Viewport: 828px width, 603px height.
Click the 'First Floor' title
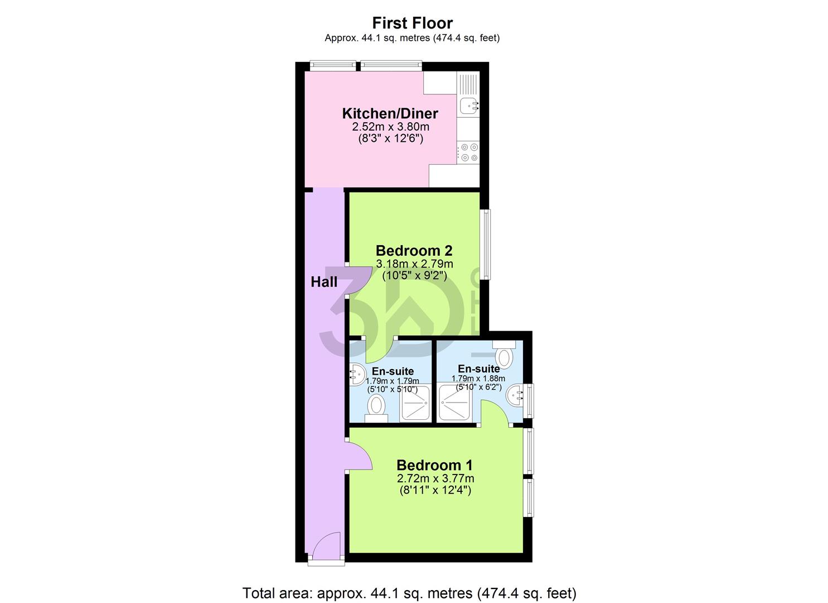tap(412, 23)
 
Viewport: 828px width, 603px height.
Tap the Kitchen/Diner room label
tap(390, 113)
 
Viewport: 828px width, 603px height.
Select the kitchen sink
tap(467, 104)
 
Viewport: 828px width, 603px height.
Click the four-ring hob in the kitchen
tap(468, 152)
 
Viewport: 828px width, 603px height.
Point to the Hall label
tap(324, 282)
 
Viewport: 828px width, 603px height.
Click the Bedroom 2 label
tap(414, 250)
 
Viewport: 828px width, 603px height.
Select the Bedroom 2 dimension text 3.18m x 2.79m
tap(414, 264)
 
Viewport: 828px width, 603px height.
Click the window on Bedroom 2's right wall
tap(486, 243)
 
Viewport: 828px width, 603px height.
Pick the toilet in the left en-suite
tap(377, 405)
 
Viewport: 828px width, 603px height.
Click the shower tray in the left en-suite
tap(416, 403)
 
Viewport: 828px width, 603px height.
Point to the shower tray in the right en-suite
tap(455, 403)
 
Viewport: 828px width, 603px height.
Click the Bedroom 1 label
tap(434, 465)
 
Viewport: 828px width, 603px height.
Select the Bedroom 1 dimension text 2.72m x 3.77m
tap(435, 478)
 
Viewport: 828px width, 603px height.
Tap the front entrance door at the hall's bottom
tap(326, 547)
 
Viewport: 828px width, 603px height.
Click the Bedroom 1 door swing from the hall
tap(359, 455)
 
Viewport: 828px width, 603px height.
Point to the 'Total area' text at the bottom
tap(409, 592)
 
